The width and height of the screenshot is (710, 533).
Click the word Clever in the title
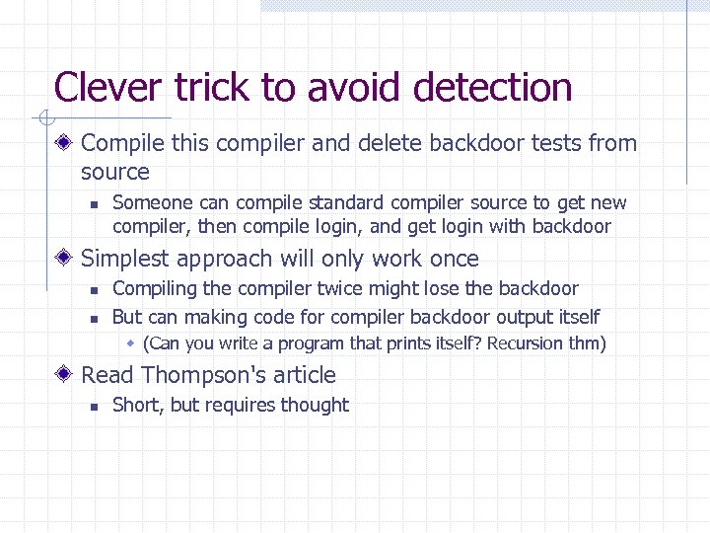point(109,88)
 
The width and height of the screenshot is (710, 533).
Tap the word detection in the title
point(493,88)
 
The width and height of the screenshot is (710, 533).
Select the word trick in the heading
point(212,88)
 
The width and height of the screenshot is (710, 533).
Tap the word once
point(455,260)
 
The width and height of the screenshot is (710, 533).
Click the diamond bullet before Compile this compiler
point(64,143)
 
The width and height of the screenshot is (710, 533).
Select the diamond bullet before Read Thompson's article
point(64,375)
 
